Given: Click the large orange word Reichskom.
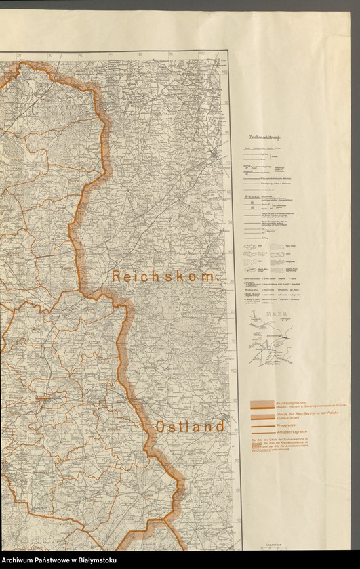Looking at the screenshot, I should click(166, 276).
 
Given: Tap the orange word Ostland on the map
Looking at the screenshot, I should click(190, 427).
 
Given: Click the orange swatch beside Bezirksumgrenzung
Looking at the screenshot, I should click(261, 404).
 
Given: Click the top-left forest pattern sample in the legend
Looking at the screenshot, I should click(250, 247).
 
